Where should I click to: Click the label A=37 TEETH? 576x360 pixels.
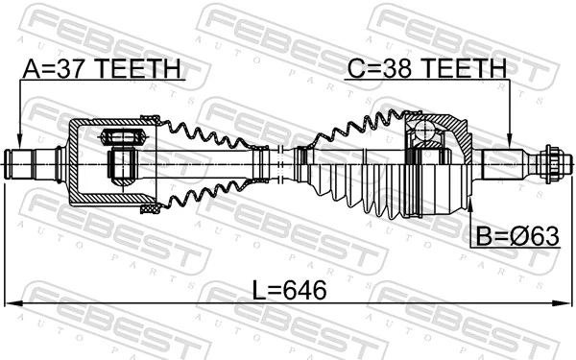102,68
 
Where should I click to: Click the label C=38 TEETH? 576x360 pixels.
426,68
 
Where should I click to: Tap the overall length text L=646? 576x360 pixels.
288,289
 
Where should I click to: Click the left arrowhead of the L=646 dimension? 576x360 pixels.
10,304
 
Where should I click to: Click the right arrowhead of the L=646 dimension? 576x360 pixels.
566,304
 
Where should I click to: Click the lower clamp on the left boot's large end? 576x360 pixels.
150,206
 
